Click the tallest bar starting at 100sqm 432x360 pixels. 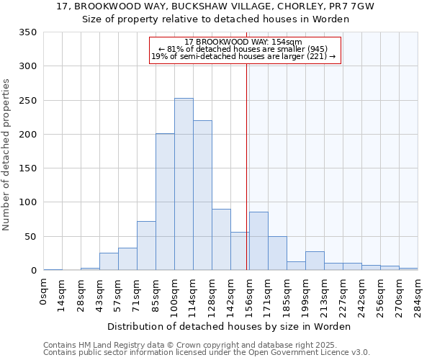tap(184, 184)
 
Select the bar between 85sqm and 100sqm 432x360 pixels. tap(165, 202)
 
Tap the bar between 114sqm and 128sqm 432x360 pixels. tap(202, 195)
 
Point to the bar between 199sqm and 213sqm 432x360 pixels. tap(315, 261)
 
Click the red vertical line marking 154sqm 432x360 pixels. tap(246, 166)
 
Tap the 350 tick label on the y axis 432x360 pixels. tap(28, 32)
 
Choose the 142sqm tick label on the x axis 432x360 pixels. tap(231, 295)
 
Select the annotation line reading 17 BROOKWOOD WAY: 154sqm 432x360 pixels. tap(243, 42)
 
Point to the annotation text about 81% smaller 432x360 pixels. tap(243, 50)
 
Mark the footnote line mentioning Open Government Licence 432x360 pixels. tap(207, 352)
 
